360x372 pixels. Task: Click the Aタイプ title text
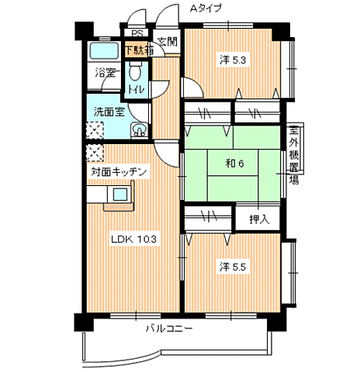point(206,9)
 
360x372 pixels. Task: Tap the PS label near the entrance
point(137,33)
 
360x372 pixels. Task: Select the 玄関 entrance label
point(168,41)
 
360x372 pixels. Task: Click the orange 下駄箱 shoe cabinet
point(137,50)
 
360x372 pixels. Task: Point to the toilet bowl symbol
point(134,71)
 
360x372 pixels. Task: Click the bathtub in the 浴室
point(104,51)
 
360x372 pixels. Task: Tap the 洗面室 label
point(109,112)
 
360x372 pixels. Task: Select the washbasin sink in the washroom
point(139,130)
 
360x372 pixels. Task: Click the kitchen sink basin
point(120,194)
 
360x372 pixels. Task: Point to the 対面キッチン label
point(119,172)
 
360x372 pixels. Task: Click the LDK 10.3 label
point(133,239)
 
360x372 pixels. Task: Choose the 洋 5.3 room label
point(233,60)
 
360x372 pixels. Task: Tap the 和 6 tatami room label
point(234,164)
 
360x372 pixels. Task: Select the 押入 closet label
point(259,219)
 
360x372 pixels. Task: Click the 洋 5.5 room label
point(233,267)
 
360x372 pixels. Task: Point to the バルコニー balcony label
point(169,329)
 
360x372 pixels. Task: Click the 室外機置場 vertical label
point(293,154)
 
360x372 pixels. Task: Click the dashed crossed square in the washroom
point(95,130)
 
